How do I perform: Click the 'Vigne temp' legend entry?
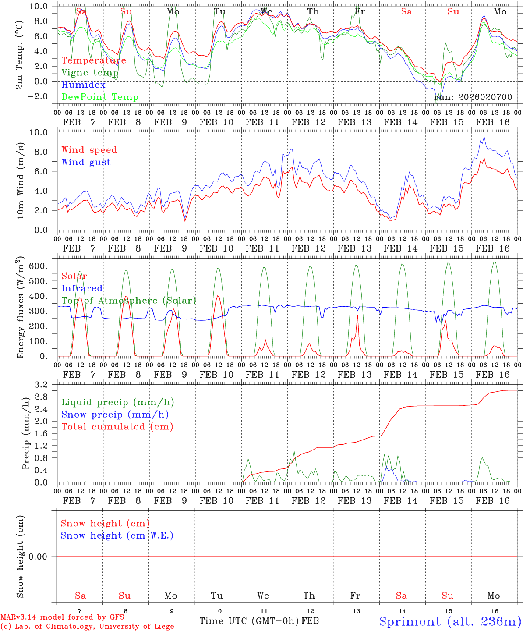pos(90,73)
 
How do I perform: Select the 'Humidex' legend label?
pos(83,85)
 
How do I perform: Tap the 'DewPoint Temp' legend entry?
pos(100,97)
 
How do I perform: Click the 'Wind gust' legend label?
pos(86,162)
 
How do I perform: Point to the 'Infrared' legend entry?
pos(82,288)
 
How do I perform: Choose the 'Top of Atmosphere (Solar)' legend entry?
pos(128,301)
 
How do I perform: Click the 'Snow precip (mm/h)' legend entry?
pos(115,415)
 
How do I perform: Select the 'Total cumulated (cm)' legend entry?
pos(117,427)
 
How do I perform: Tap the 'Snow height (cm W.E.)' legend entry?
pos(117,535)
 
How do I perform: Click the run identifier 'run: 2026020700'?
pos(473,97)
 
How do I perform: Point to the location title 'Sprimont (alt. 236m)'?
pos(450,621)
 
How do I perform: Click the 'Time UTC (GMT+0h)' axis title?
pos(249,621)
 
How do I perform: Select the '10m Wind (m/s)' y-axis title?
pos(20,180)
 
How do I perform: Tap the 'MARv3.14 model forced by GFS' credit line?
pos(62,617)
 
